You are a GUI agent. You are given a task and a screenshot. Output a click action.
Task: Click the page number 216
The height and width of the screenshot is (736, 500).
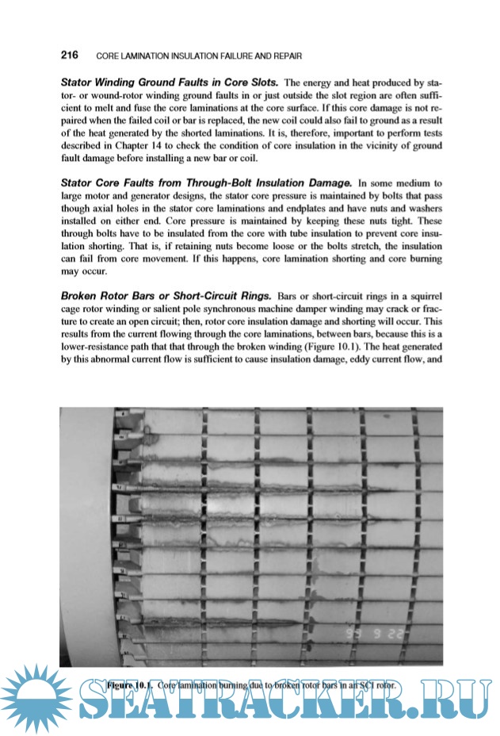tap(69, 56)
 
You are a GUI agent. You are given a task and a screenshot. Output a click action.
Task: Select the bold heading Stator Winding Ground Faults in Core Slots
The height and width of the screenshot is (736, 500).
tap(170, 82)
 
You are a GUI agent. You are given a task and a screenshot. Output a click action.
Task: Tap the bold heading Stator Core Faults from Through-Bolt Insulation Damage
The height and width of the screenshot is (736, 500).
tap(207, 183)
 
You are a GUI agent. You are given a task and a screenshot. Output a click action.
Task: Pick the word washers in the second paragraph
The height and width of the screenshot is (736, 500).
tap(418, 209)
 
